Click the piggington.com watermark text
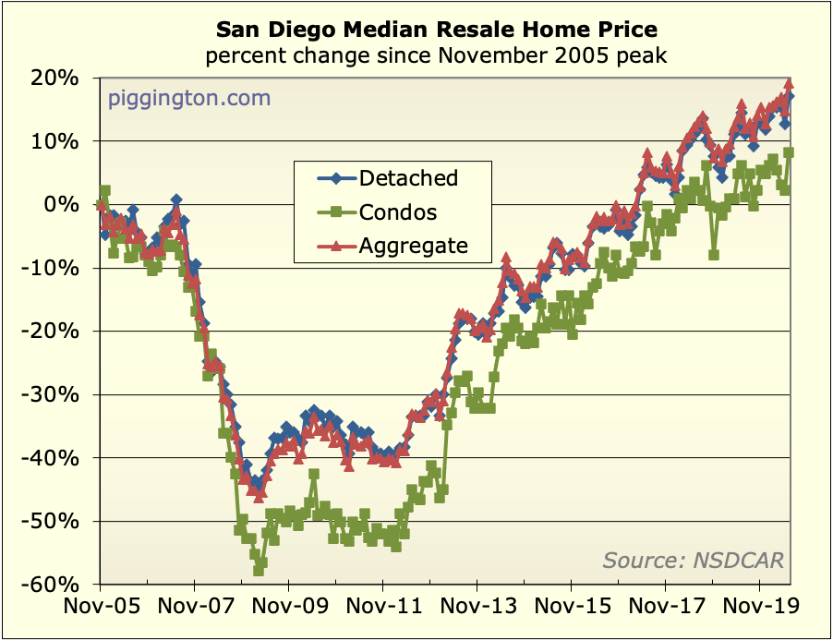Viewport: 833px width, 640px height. click(x=189, y=97)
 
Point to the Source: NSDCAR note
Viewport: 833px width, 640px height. click(x=693, y=560)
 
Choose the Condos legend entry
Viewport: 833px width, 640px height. click(x=398, y=211)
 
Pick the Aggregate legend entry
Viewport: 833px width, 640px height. click(x=413, y=246)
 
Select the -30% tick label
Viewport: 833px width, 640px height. click(x=58, y=395)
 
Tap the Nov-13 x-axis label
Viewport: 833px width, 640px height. click(x=477, y=610)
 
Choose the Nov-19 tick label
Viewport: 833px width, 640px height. click(x=760, y=610)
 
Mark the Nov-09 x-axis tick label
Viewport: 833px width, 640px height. click(x=288, y=610)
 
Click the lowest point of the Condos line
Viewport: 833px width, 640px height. click(x=259, y=571)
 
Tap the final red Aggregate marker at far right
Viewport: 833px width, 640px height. click(x=789, y=84)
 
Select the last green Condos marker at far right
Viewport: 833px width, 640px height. click(x=790, y=153)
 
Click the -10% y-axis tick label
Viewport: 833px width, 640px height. click(x=58, y=269)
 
